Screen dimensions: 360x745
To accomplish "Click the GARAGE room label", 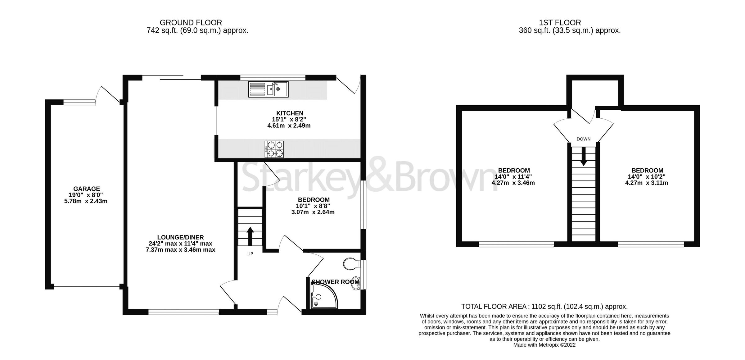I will click(86, 189).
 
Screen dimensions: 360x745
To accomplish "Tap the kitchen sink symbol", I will click(268, 89).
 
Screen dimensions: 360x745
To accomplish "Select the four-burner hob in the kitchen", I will click(274, 149).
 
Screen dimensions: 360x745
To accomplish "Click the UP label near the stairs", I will click(250, 254).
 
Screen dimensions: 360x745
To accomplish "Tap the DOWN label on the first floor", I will click(583, 139).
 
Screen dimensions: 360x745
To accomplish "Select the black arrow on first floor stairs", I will click(583, 156).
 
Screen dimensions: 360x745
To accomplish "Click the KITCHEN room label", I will click(290, 113).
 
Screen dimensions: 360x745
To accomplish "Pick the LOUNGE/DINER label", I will click(180, 238).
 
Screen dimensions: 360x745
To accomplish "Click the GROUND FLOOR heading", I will click(191, 23).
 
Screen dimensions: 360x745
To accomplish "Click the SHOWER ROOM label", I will click(335, 282).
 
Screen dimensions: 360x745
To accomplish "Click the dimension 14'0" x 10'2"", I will click(647, 177).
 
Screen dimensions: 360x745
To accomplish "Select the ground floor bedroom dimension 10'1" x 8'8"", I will click(313, 206).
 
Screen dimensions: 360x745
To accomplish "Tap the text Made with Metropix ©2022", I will click(544, 345).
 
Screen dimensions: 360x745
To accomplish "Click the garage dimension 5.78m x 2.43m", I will click(86, 201).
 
